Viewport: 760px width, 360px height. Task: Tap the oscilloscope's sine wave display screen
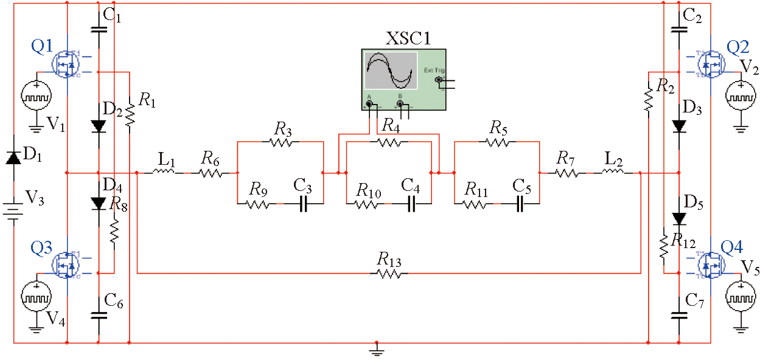point(391,72)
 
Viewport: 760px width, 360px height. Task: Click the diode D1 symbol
point(13,157)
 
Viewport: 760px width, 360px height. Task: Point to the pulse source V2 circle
point(741,95)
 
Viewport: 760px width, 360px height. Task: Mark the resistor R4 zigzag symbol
point(388,142)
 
